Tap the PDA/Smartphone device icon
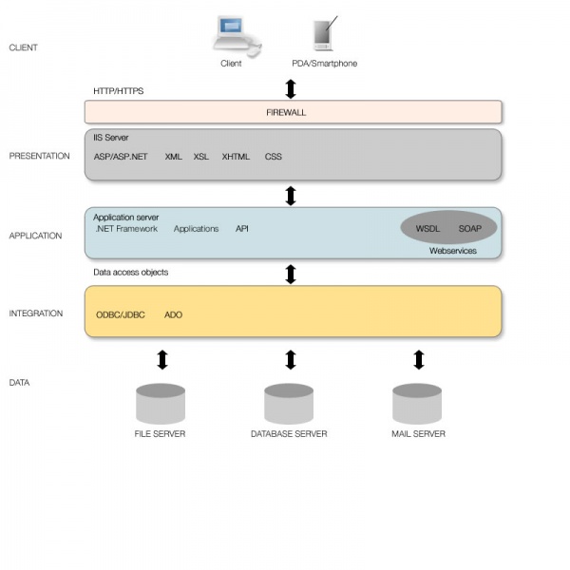click(x=324, y=34)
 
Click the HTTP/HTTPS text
click(x=118, y=91)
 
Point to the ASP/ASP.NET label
click(x=121, y=157)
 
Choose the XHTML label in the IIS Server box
click(x=236, y=157)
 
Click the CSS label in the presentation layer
click(x=273, y=157)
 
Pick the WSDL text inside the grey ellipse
click(x=428, y=229)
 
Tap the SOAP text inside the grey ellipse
click(x=470, y=229)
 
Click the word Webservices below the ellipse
click(x=452, y=251)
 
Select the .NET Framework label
click(x=126, y=229)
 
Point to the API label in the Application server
click(x=242, y=229)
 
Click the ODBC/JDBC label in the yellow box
click(x=121, y=314)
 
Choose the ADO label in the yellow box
click(x=173, y=314)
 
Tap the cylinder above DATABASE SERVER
click(x=289, y=403)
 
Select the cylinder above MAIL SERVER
click(x=418, y=403)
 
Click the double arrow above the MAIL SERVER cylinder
click(x=419, y=360)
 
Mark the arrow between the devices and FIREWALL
click(x=291, y=88)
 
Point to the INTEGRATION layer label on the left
click(x=36, y=313)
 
